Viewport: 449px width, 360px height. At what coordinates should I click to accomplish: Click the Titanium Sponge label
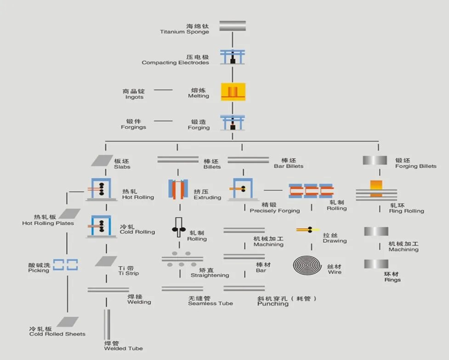click(x=185, y=29)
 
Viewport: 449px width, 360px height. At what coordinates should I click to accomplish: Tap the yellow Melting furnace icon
click(x=233, y=92)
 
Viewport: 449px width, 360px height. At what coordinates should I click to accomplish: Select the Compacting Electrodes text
click(x=176, y=60)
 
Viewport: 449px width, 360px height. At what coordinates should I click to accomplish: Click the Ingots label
click(x=134, y=94)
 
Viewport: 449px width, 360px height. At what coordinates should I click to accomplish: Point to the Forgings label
click(x=133, y=124)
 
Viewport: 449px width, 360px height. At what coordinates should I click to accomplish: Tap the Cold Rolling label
click(x=137, y=230)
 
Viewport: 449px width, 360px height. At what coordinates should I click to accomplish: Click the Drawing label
click(x=334, y=238)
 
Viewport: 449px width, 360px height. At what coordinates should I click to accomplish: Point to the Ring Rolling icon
click(x=376, y=190)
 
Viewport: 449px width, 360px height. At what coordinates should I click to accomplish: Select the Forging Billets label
click(x=415, y=163)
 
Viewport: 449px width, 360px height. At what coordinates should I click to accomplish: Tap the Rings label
click(x=392, y=277)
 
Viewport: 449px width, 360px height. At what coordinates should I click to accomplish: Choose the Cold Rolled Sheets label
click(x=57, y=332)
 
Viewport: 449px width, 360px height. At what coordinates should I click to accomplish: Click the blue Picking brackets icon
click(x=65, y=265)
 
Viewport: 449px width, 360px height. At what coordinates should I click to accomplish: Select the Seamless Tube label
click(x=210, y=301)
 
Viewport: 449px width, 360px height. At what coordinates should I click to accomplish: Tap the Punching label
click(x=273, y=304)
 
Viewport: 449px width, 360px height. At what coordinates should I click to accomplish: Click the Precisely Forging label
click(x=274, y=208)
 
